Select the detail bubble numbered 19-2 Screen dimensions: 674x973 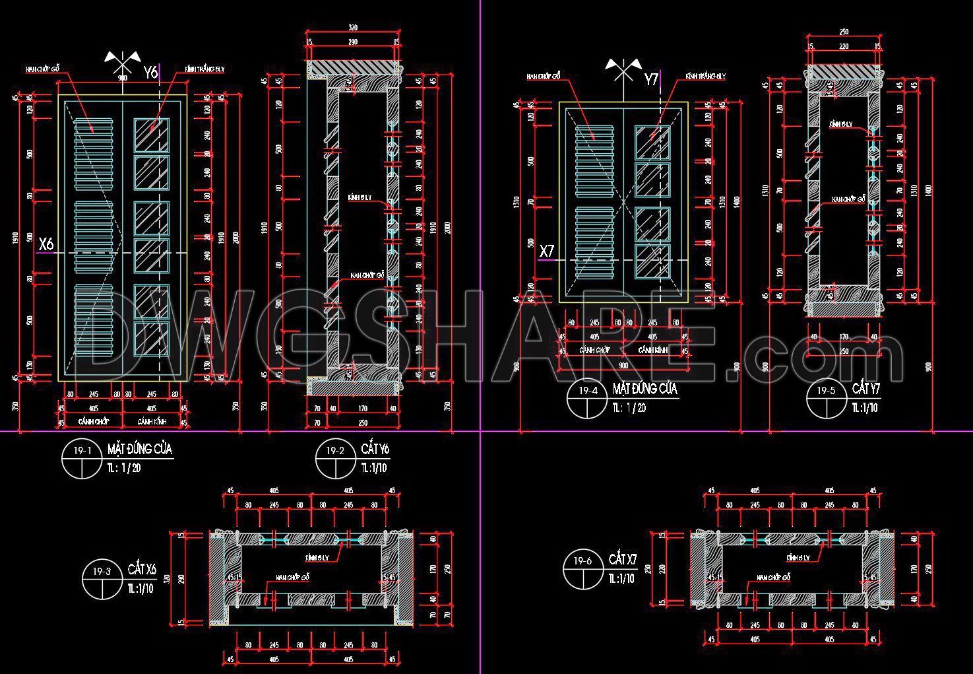[335, 459]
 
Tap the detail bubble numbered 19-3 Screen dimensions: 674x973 [102, 579]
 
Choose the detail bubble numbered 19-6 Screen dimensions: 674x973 [583, 570]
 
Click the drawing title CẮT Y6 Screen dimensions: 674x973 [375, 450]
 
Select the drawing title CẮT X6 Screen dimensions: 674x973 [142, 569]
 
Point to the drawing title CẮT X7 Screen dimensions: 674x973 [623, 560]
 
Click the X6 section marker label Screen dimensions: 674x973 [46, 244]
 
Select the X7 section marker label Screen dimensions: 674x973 [548, 251]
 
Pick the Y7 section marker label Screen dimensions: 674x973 [651, 80]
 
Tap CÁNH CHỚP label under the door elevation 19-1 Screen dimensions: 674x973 [94, 421]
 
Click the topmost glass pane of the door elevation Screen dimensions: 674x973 [152, 135]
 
